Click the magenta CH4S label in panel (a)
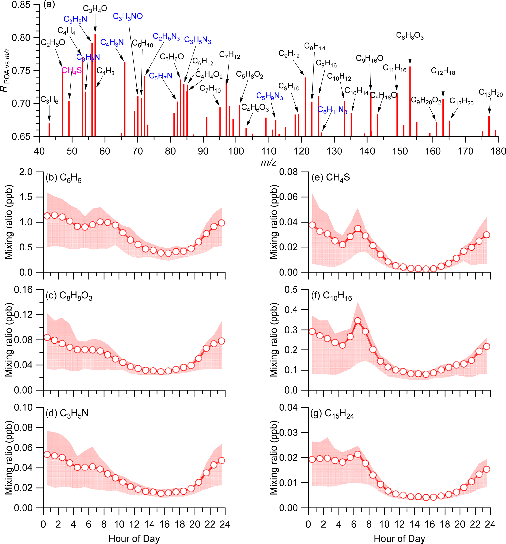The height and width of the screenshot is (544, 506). pos(72,71)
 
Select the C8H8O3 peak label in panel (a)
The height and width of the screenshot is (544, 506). pos(410,36)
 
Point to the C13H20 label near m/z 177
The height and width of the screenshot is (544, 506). pos(490,93)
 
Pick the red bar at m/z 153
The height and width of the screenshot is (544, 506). pos(410,101)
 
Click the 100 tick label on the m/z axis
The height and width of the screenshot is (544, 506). pos(236,151)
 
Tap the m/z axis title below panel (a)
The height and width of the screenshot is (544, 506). pos(269,162)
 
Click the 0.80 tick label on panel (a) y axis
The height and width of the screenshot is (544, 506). pos(21,38)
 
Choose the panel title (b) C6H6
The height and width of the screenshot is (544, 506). pos(63,178)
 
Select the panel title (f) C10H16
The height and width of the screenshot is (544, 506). pos(332,296)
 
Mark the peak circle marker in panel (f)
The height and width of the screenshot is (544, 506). pos(357,321)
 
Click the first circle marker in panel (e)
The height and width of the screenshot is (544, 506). pos(312,225)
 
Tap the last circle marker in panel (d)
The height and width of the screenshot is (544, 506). pos(222,460)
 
